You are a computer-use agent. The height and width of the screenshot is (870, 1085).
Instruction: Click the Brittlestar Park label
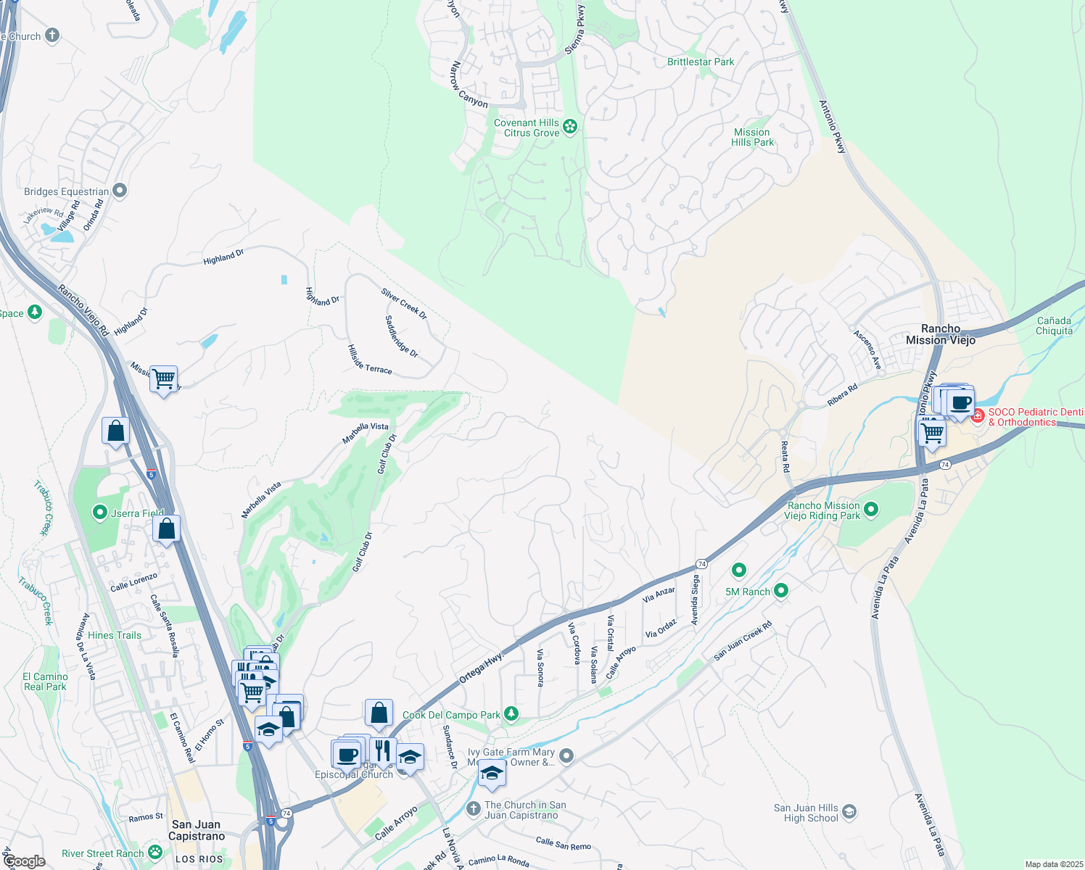(x=701, y=62)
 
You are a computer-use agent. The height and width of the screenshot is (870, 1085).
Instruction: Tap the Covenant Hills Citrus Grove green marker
(x=570, y=128)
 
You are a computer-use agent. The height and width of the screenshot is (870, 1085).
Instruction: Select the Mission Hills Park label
(x=752, y=138)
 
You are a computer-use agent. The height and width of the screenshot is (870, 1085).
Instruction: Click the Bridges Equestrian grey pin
(x=120, y=191)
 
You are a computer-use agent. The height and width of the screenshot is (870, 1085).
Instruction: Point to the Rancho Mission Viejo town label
(x=941, y=334)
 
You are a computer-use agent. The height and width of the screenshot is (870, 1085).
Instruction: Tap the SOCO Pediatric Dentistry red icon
(x=978, y=416)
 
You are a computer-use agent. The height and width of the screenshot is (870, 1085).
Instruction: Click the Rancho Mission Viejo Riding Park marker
(x=871, y=510)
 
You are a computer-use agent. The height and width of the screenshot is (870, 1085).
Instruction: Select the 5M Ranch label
(x=747, y=592)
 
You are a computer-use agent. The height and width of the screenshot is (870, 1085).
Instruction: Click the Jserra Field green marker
(x=100, y=513)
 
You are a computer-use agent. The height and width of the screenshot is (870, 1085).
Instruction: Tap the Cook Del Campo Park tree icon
(x=511, y=715)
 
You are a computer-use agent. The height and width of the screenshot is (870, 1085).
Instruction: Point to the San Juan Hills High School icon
(x=849, y=812)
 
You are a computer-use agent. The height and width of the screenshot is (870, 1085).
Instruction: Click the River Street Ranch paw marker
(x=155, y=853)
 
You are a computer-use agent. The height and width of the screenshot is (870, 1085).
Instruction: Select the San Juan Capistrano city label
(x=197, y=830)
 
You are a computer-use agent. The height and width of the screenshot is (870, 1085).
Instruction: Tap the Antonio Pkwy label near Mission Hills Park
(x=832, y=126)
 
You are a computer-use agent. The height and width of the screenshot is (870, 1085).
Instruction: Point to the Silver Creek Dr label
(x=404, y=304)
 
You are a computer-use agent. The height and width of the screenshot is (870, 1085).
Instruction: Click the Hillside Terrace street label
(x=369, y=360)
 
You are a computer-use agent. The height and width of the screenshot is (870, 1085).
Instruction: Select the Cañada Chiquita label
(x=1054, y=326)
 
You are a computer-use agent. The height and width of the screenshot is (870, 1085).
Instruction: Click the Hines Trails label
(x=115, y=635)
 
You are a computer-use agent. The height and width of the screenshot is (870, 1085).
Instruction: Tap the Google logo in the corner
(x=25, y=861)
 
